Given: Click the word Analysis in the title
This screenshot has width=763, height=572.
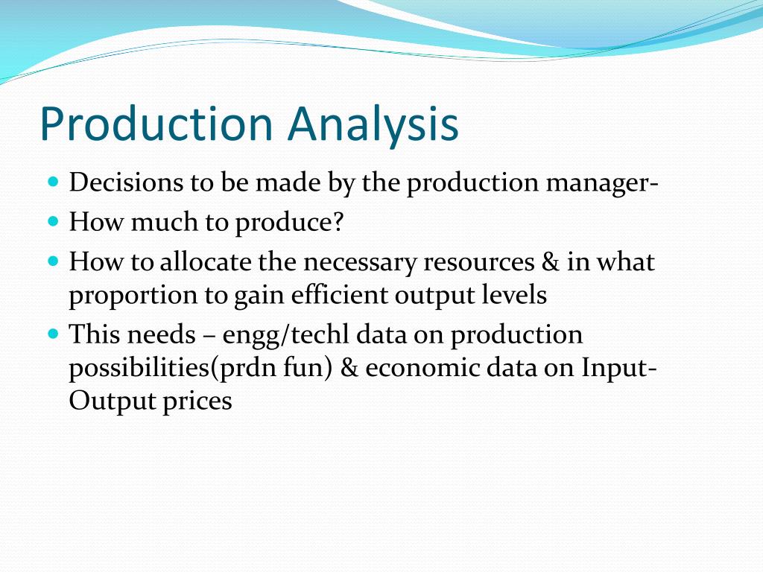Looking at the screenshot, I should pos(374,125).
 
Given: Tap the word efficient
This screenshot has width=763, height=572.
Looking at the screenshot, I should pos(331,295).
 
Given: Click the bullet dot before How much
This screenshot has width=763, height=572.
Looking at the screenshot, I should pos(52,222).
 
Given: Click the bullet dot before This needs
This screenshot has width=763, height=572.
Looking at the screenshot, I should pos(52,334).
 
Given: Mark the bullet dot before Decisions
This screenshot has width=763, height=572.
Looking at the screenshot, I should pos(52,182).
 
